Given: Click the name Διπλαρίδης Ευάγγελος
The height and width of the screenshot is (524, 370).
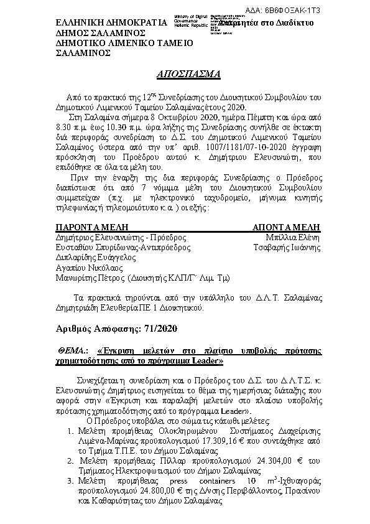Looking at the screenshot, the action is tap(93, 256).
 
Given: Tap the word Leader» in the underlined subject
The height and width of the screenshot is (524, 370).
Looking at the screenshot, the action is tap(206, 360).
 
